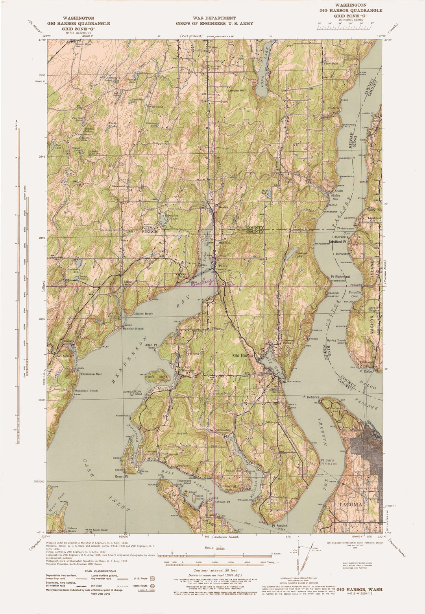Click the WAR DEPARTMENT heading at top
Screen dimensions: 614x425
[x=214, y=18]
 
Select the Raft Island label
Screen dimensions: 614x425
[x=157, y=377]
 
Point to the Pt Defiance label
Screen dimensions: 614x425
[x=311, y=397]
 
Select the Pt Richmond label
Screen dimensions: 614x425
[x=340, y=277]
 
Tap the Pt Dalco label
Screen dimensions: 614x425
[x=366, y=371]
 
